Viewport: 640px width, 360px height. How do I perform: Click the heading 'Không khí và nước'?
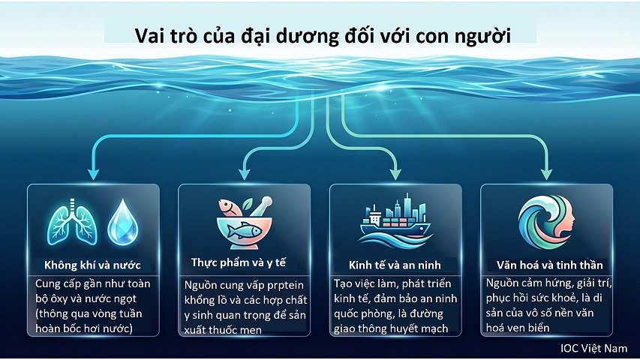[92, 265]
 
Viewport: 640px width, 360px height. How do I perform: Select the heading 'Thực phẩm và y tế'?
[239, 262]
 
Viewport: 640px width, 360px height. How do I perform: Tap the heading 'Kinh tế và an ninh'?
[395, 265]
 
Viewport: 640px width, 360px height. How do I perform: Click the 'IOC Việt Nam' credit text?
[593, 349]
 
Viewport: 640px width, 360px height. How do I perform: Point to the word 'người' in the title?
[483, 36]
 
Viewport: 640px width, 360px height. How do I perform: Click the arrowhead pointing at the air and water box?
[94, 172]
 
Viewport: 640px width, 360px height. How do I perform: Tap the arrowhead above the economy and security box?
[395, 172]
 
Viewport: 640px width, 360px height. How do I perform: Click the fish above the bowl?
[228, 205]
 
